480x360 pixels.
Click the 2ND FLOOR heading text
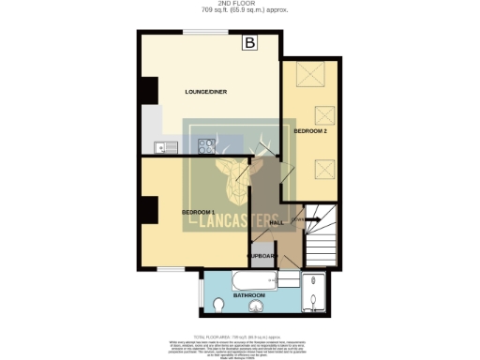tap(239, 4)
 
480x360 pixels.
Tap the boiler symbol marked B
tap(250, 42)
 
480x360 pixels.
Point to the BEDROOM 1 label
tap(199, 213)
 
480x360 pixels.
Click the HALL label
tap(277, 222)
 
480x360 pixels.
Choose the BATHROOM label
tap(248, 295)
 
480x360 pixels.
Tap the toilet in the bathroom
tap(219, 305)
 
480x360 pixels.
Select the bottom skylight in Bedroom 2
tap(323, 170)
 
